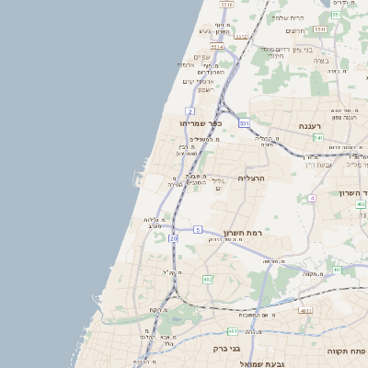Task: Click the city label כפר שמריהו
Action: pos(201,122)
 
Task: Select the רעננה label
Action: pos(307,126)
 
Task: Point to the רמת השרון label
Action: pos(243,233)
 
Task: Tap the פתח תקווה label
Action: pos(346,351)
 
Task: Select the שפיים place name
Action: pos(203,57)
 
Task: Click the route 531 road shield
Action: pos(244,122)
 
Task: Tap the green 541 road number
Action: pos(316,137)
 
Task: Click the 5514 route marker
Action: pos(217,46)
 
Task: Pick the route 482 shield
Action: pos(208,279)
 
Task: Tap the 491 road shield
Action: pos(337,270)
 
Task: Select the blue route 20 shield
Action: pos(173,238)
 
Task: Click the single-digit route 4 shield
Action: pos(312,198)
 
